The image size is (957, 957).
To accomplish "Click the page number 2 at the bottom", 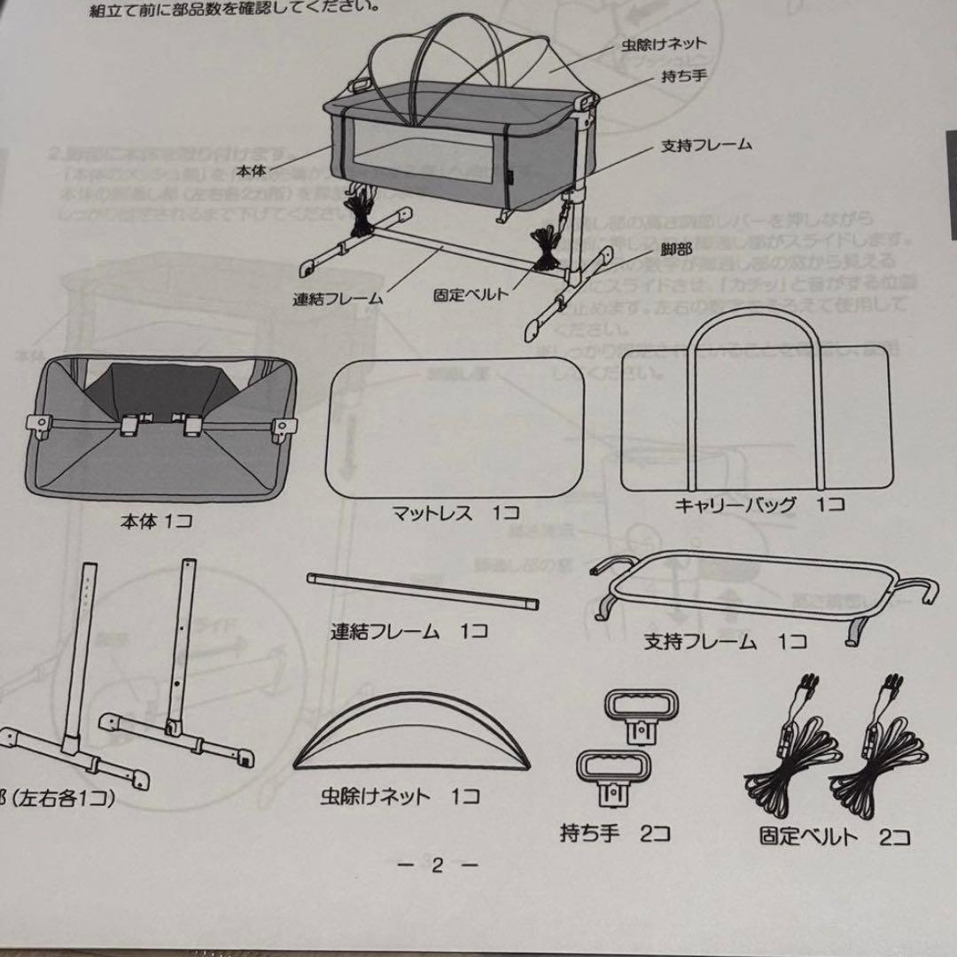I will [x=435, y=865].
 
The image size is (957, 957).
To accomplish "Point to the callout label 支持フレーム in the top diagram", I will [x=705, y=144].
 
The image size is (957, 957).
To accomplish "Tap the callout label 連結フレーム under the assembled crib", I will [x=338, y=299].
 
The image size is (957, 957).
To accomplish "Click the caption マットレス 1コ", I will [x=455, y=512].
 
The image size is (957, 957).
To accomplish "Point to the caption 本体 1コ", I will [x=156, y=521].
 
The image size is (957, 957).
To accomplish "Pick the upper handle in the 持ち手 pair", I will [x=639, y=710].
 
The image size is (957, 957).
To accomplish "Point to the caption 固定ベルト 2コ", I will [x=834, y=836].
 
